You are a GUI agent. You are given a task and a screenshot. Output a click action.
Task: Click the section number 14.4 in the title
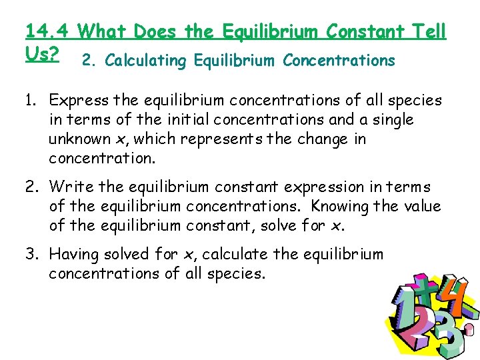coord(47,31)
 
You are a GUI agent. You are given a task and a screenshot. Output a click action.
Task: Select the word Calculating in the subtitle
coord(145,61)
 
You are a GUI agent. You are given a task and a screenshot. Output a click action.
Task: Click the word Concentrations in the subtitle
coord(339,61)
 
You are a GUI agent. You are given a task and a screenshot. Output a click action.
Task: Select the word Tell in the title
coord(427,31)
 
